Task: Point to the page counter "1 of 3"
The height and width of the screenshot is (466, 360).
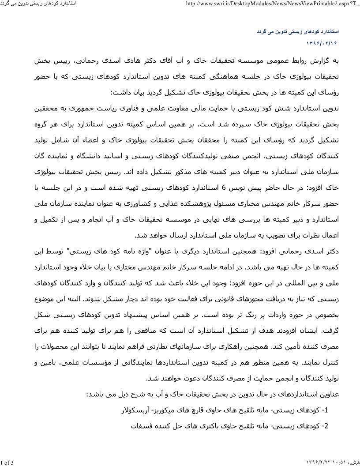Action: click(x=7, y=462)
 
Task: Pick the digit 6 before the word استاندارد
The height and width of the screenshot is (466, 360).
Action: click(x=224, y=188)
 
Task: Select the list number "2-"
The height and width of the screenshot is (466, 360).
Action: click(x=326, y=426)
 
